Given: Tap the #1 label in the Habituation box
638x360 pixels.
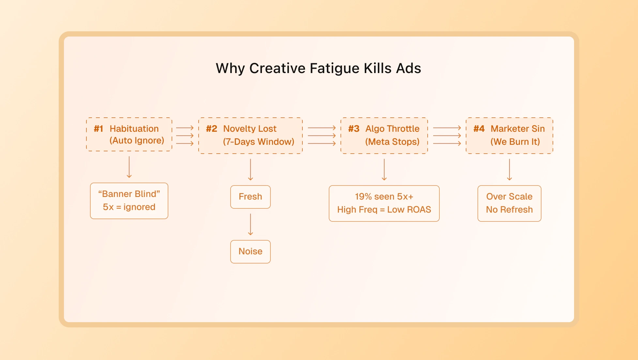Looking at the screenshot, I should (99, 129).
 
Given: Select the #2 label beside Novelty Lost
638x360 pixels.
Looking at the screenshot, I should (211, 129).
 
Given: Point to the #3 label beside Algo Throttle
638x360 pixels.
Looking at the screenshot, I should (354, 129).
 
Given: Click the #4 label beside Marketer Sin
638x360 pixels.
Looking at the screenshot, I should (479, 129).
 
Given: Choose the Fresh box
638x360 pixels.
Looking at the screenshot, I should (251, 197).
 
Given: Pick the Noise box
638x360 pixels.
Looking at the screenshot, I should (251, 252).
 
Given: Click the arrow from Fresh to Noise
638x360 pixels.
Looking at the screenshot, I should (251, 224).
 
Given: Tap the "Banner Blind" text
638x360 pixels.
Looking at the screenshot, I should (129, 194).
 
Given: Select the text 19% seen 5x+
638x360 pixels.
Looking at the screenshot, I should (384, 197).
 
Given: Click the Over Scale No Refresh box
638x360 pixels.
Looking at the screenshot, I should (509, 203).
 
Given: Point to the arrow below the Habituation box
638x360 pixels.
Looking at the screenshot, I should (129, 167).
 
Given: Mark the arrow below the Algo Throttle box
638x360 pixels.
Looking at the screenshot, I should (384, 170).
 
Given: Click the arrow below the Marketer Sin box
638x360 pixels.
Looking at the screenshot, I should (509, 170).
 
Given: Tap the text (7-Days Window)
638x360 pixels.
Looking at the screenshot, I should (259, 142).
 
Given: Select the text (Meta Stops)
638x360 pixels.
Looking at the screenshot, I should (392, 142).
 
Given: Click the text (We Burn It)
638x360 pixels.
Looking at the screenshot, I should (515, 142).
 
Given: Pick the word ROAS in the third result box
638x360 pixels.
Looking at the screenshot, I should (419, 210).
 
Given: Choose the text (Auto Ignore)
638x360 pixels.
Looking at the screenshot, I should (137, 141).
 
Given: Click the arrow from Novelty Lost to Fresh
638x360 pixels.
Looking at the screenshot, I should (251, 170).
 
